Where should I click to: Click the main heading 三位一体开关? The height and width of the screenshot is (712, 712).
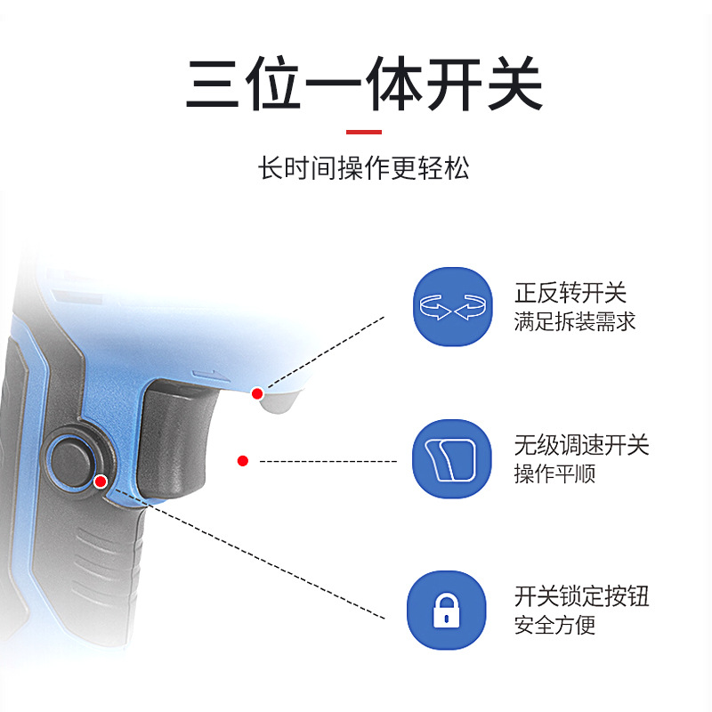tap(364, 83)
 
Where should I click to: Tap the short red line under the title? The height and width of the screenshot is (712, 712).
tap(364, 132)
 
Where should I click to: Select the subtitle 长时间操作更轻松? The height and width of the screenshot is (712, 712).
tap(363, 168)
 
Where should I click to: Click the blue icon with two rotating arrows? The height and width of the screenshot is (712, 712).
tap(453, 306)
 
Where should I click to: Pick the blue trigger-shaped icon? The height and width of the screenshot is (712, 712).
tap(452, 458)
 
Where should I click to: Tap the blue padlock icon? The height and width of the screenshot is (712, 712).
tap(447, 611)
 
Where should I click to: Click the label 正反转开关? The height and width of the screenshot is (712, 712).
tap(570, 293)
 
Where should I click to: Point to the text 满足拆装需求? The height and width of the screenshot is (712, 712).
tap(574, 321)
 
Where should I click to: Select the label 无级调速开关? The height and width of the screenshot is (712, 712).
tap(581, 445)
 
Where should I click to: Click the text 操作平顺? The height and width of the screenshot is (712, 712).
tap(554, 473)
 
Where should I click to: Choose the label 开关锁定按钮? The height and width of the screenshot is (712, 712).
tap(581, 596)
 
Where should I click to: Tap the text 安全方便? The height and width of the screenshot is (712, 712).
tap(554, 626)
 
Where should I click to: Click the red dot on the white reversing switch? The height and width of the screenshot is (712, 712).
tap(257, 393)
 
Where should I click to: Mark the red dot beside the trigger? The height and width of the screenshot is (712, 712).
tap(243, 461)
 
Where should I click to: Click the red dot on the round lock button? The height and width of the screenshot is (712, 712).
tap(101, 481)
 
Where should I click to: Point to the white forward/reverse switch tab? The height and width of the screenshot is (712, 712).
tap(278, 400)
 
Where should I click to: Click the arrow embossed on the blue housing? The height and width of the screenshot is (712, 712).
tap(210, 376)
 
